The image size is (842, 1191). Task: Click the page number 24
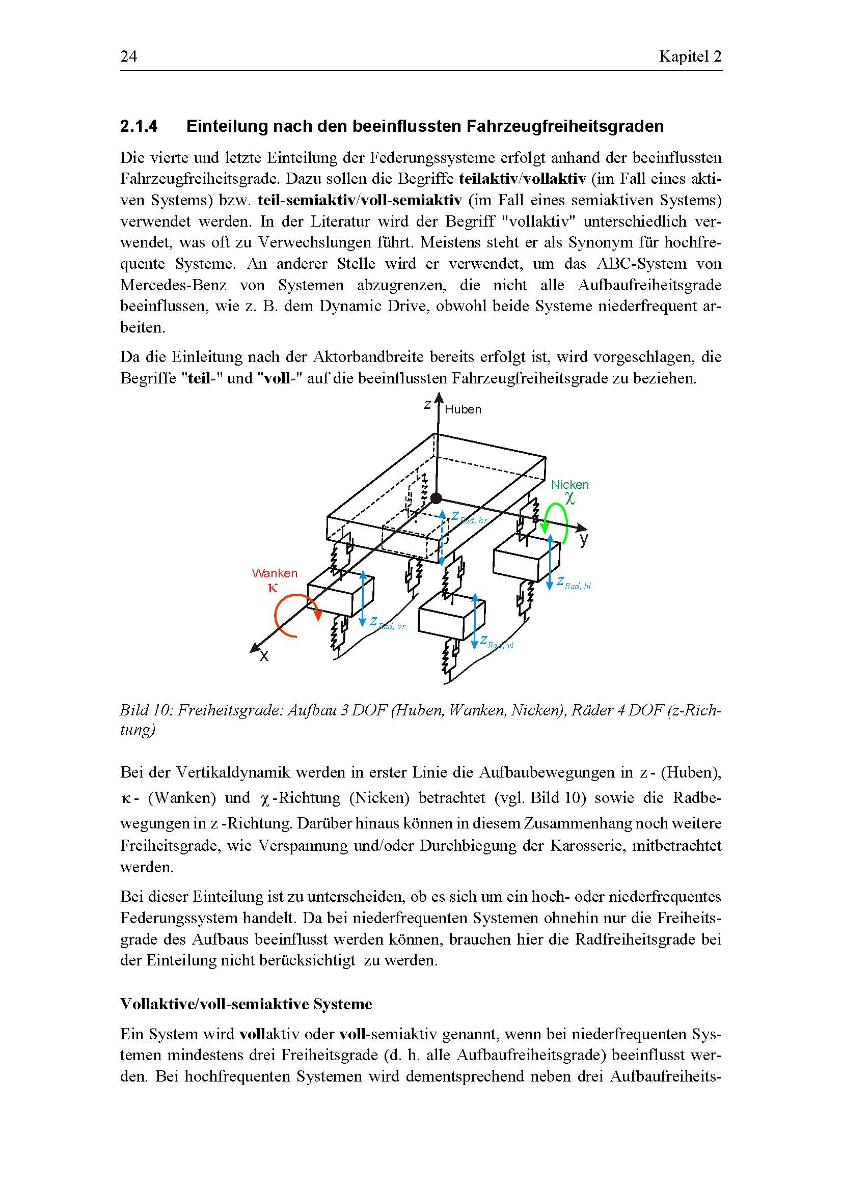[129, 56]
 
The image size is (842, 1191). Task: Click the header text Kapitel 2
[690, 56]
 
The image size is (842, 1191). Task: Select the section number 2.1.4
[139, 126]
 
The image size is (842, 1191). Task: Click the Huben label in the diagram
[463, 409]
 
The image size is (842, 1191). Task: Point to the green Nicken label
[569, 484]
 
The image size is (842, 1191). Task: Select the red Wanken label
[275, 573]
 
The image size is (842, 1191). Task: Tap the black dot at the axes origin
[437, 498]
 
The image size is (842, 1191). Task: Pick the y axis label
[584, 539]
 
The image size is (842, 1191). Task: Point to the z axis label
[427, 405]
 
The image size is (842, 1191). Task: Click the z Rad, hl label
[574, 584]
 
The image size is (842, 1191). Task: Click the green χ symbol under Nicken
[570, 498]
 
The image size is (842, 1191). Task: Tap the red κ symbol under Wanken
[273, 588]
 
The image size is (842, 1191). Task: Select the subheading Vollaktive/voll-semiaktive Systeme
[246, 1004]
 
